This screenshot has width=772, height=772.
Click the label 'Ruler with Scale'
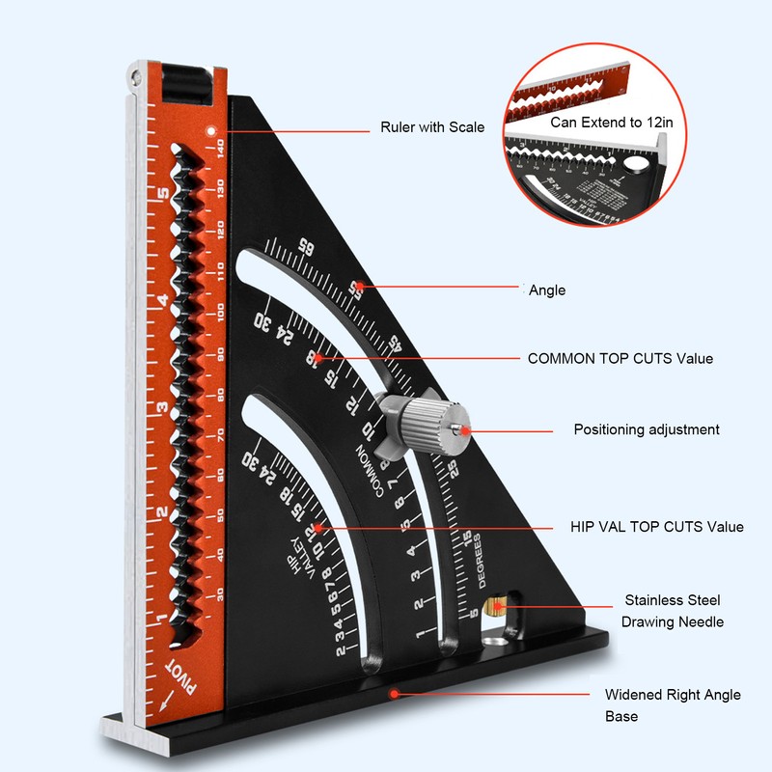[432, 127]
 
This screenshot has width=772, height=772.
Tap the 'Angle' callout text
[547, 289]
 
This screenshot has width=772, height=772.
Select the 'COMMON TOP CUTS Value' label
[620, 358]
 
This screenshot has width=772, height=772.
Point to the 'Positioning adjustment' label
[647, 429]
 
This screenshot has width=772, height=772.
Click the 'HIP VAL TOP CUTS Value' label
[656, 527]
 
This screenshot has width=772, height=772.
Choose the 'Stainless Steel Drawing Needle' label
[673, 611]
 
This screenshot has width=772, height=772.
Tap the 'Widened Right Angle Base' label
[673, 705]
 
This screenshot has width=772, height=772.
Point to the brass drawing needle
[498, 607]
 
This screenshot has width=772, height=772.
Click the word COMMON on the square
[371, 468]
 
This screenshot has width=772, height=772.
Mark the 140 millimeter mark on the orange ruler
[221, 148]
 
